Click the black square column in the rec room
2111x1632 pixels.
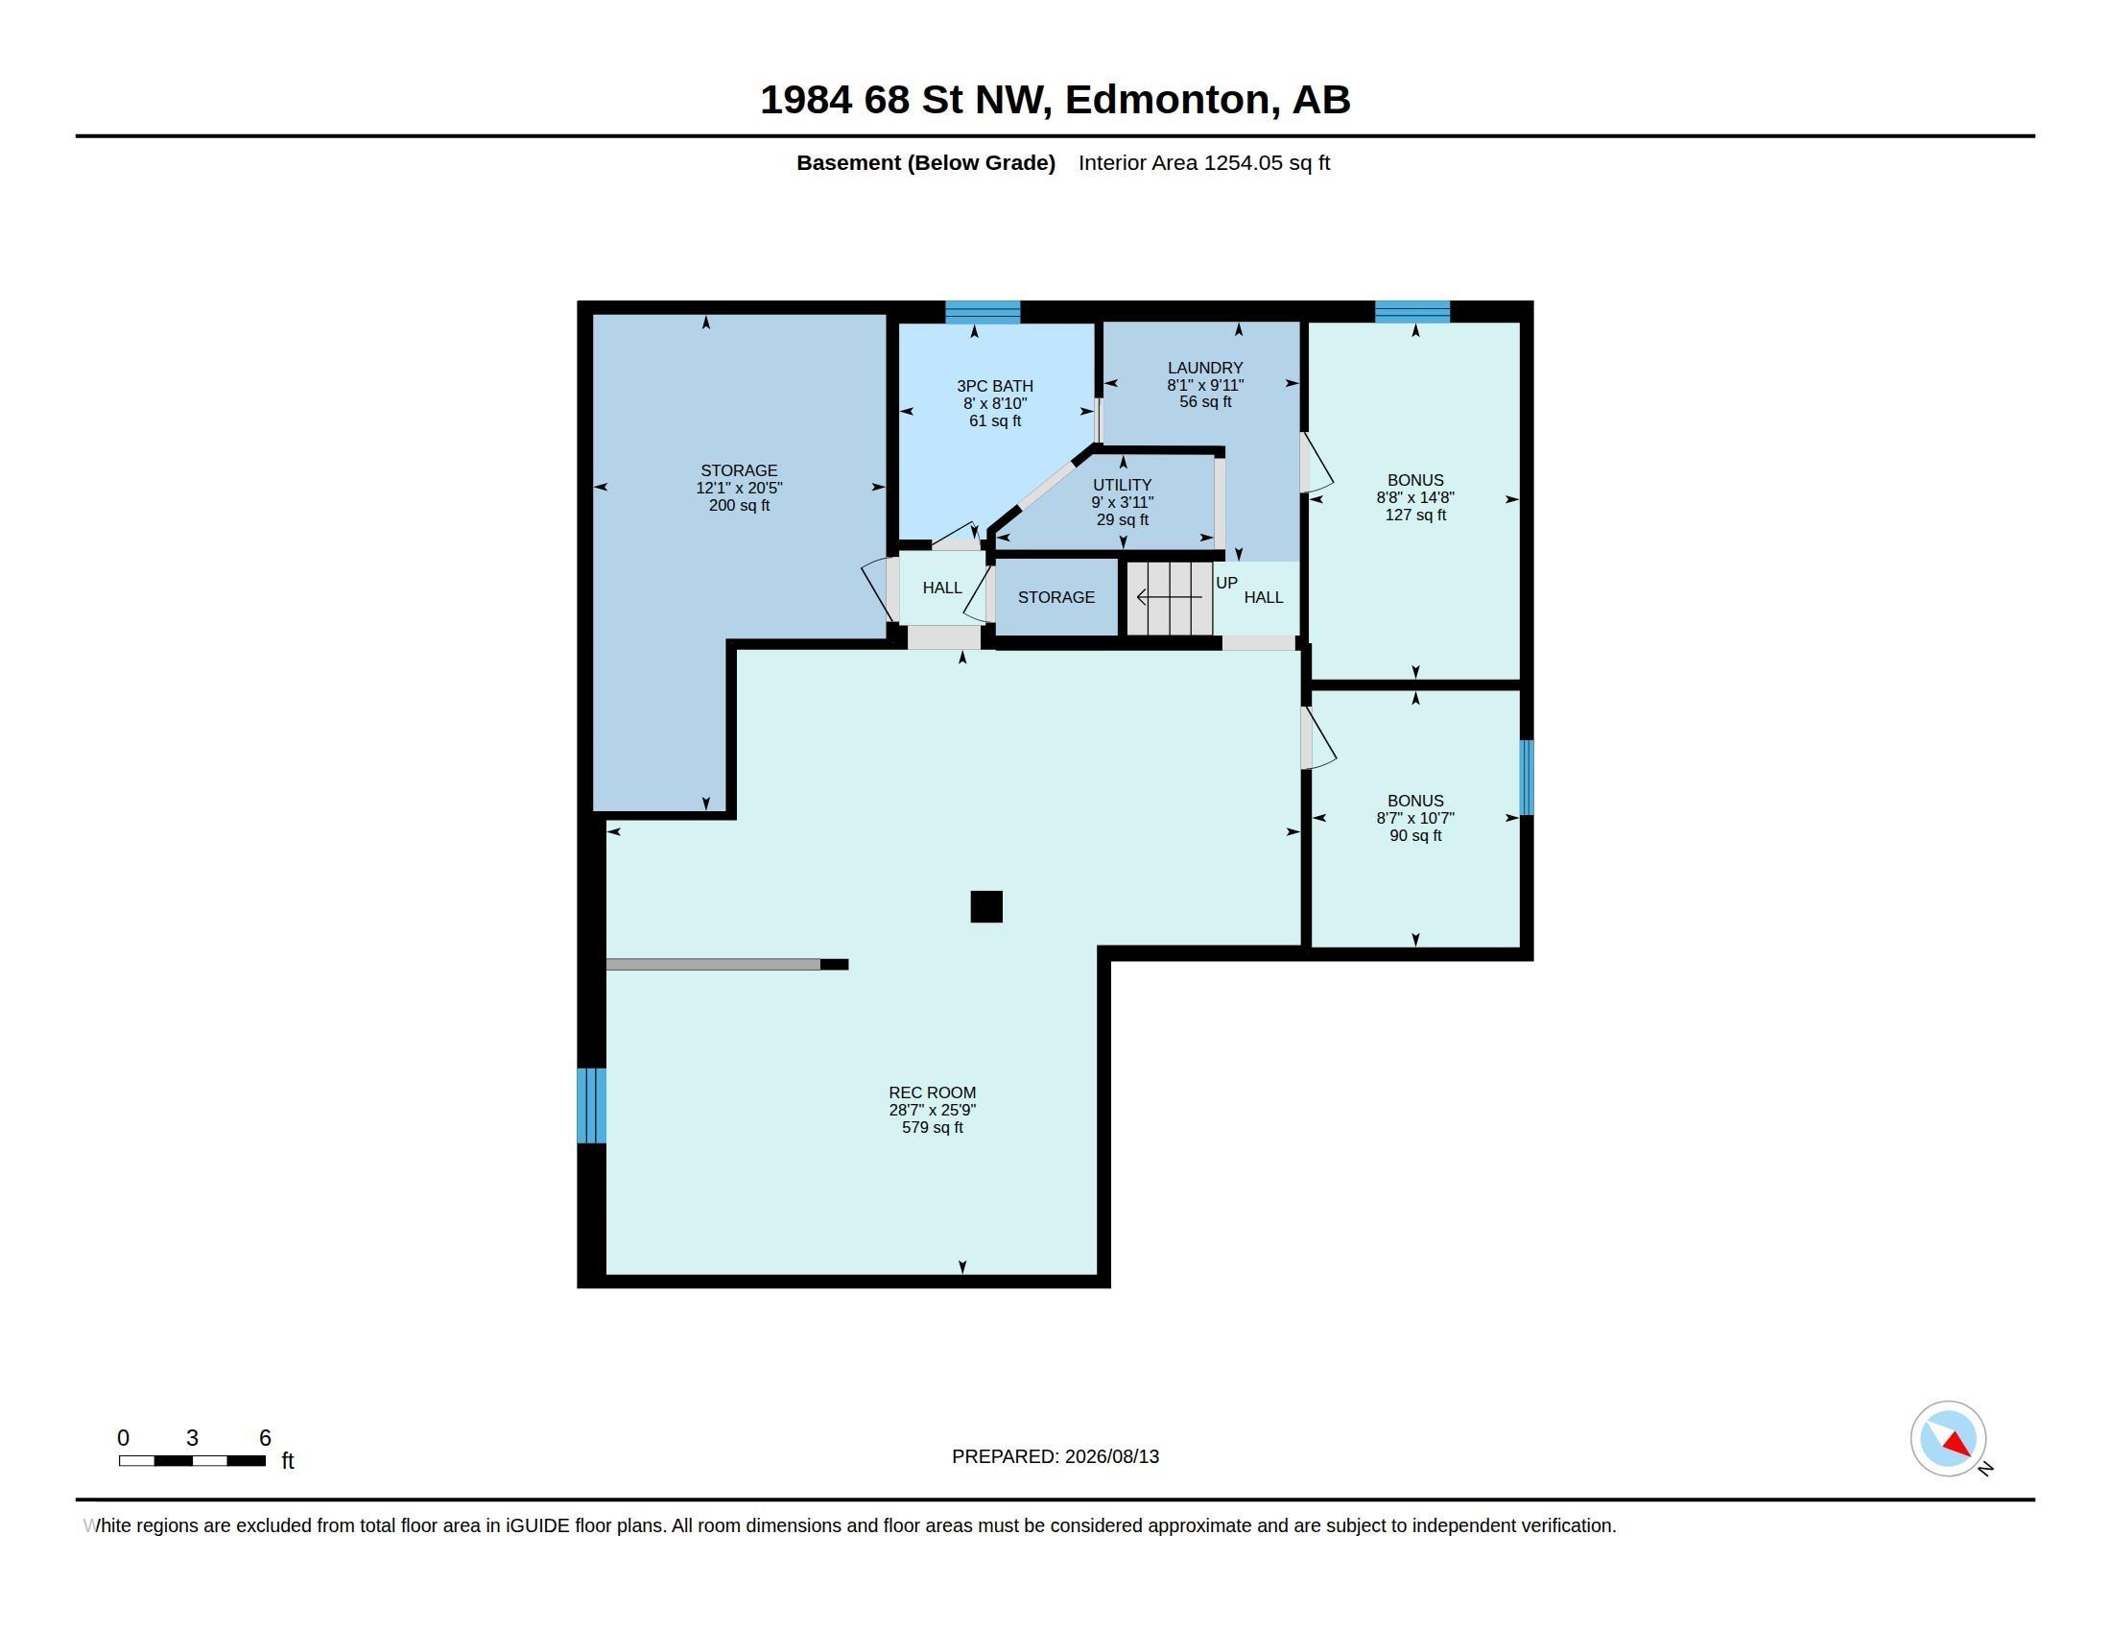tap(985, 907)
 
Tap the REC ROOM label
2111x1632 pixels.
tap(932, 1093)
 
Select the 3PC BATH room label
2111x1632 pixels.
tap(995, 387)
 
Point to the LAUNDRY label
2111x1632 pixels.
tap(1204, 369)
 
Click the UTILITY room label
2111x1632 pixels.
tap(1123, 486)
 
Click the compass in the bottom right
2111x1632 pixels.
tap(1948, 1439)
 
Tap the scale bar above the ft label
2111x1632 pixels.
tap(192, 1461)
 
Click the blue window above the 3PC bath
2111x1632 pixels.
tap(982, 312)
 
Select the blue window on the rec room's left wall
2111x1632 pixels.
tap(591, 1105)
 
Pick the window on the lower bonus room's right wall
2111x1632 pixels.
tap(1527, 778)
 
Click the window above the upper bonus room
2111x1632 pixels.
tap(1412, 312)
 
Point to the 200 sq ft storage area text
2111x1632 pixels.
tap(740, 506)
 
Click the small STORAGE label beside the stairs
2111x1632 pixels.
tap(1056, 597)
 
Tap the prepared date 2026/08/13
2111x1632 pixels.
tap(1111, 1457)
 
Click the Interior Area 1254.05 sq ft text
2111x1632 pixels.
tap(1204, 163)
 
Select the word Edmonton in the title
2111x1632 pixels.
tap(1168, 100)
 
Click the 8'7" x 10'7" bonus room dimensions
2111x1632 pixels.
tap(1415, 818)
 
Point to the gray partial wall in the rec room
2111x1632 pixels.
tap(713, 964)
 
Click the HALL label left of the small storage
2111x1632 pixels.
tap(942, 588)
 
